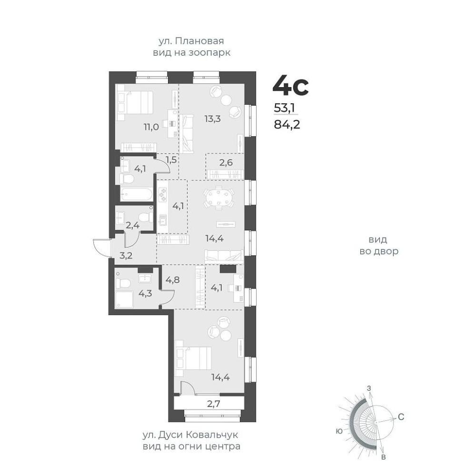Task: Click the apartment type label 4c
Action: tap(290, 85)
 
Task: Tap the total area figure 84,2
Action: tap(287, 124)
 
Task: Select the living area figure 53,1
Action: tap(285, 108)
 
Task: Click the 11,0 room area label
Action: tap(151, 127)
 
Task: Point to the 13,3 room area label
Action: tap(212, 119)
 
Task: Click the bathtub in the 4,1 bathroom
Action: tap(136, 194)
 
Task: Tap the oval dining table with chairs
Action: tap(218, 198)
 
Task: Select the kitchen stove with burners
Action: tap(163, 195)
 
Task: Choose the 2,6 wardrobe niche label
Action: tap(226, 162)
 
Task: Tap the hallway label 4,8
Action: tap(172, 279)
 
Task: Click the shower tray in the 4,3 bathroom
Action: tap(124, 299)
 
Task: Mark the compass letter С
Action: tap(401, 417)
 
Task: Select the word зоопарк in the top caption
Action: tap(209, 53)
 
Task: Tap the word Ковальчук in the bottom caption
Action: tap(212, 435)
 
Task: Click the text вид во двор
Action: tap(379, 245)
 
